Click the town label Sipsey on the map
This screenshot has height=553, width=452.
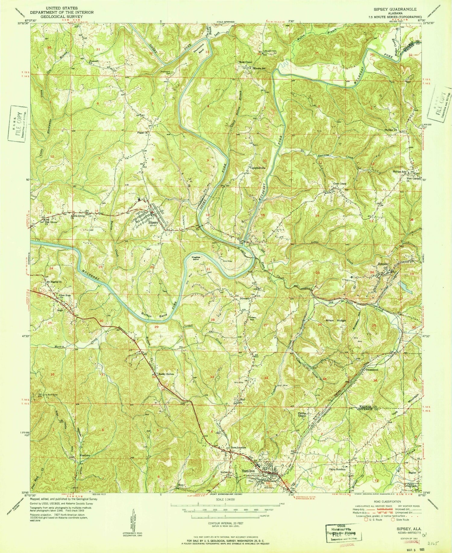click(153, 223)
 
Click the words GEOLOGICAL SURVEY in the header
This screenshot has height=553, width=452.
click(70, 17)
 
